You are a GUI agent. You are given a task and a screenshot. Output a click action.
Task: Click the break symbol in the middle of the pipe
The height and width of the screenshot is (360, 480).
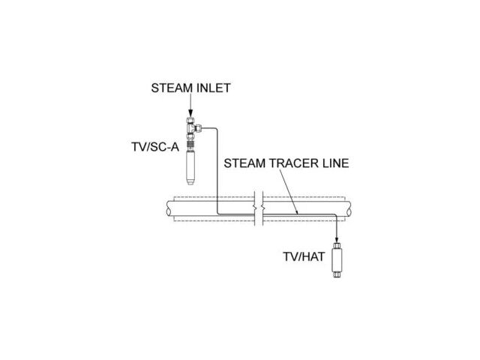coord(256,209)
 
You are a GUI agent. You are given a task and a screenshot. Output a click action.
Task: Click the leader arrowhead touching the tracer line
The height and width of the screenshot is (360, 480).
coord(296,214)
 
